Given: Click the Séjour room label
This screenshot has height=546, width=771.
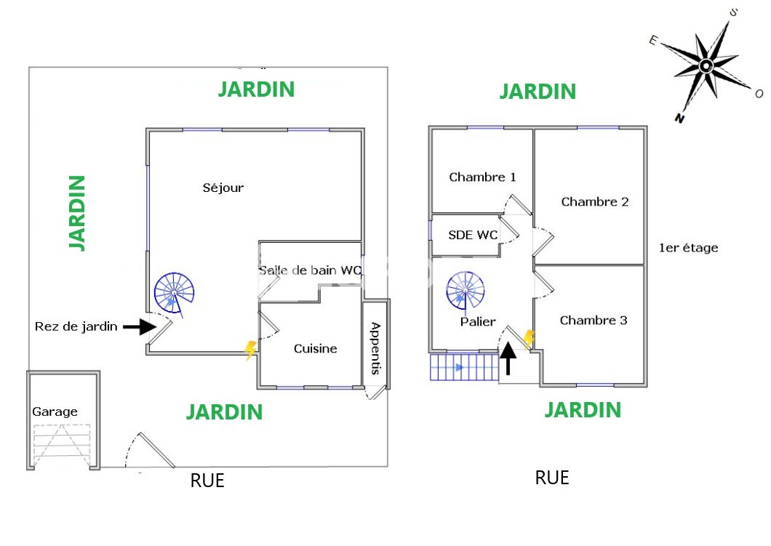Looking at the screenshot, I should tap(223, 188).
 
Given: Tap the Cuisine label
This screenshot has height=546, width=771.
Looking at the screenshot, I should tap(315, 348).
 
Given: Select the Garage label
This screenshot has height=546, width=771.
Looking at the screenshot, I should tap(55, 411).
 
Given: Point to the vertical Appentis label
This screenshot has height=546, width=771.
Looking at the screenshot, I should tap(376, 348).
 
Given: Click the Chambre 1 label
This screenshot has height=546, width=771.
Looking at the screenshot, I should tap(482, 177).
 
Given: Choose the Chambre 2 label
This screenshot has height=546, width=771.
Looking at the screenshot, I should tap(594, 201).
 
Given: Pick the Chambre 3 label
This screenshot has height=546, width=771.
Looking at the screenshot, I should tap(594, 320).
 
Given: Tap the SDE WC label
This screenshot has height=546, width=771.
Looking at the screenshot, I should tap(473, 235).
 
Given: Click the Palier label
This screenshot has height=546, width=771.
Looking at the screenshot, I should tap(478, 321).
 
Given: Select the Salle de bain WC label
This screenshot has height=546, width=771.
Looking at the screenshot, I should tap(310, 270).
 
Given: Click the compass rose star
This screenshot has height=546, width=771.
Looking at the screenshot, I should tap(705, 67).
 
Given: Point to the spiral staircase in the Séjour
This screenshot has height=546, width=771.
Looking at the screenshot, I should tap(175, 292).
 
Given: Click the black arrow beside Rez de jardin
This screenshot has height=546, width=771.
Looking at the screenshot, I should tap(139, 327).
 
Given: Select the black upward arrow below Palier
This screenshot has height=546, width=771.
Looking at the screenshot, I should tap(508, 358).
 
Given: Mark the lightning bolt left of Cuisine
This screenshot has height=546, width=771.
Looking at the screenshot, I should tap(250, 350).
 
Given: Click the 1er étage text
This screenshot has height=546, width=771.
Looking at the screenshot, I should tap(688, 248).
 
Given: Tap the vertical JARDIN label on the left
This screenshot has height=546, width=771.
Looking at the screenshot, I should tap(77, 212).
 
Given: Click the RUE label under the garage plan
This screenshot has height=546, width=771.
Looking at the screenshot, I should tap(207, 481).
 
